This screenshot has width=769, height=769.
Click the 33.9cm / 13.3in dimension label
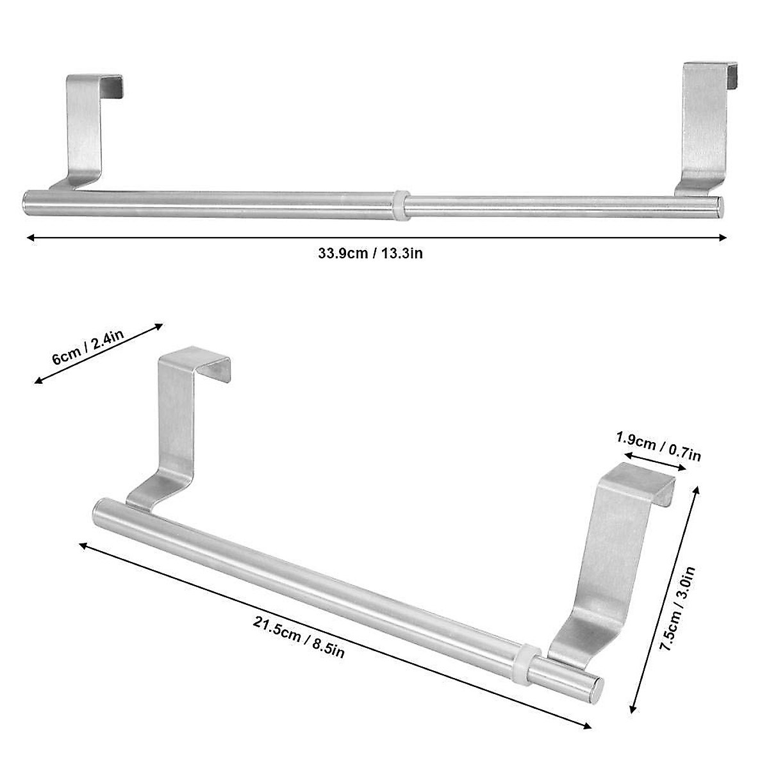[370, 253]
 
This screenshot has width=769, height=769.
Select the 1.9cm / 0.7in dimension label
[658, 446]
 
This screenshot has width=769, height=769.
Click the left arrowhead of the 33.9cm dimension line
[29, 238]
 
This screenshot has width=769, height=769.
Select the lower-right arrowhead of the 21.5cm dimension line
[588, 726]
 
